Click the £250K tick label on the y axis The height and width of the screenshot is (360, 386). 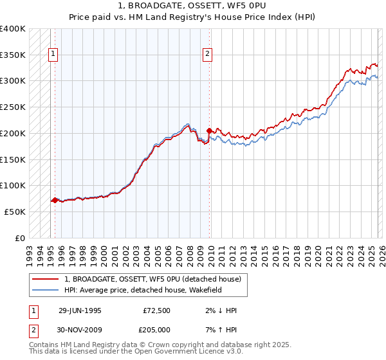[13, 107]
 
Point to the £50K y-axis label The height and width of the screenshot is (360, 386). [15, 212]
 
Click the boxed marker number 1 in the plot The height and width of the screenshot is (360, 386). [51, 55]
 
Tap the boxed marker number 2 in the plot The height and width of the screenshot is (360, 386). [207, 55]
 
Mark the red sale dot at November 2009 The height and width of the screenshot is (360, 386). [209, 130]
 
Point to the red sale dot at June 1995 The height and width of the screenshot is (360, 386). [55, 200]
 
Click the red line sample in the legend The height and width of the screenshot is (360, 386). [46, 279]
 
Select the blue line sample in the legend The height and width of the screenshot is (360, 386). [46, 290]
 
